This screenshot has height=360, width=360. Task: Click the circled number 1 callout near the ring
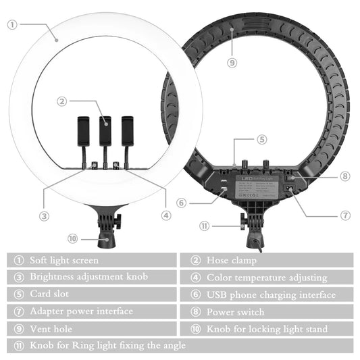(x=12, y=24)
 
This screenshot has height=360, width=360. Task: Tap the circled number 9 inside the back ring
(x=232, y=62)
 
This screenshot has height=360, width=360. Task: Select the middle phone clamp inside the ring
(x=105, y=131)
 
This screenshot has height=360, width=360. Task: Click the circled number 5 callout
(x=262, y=140)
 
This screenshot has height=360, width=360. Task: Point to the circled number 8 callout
(x=345, y=176)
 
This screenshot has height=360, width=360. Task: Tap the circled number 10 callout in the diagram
(x=72, y=238)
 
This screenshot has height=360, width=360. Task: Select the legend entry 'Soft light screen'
(x=63, y=260)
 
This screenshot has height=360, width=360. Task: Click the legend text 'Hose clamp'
(x=232, y=260)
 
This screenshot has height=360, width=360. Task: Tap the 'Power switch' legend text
(x=236, y=312)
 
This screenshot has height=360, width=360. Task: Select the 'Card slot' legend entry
(x=49, y=294)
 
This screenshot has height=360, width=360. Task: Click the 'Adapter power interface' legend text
(x=81, y=311)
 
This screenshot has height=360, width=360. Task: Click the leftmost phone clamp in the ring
(x=84, y=131)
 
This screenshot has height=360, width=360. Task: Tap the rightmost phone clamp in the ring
(x=126, y=131)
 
